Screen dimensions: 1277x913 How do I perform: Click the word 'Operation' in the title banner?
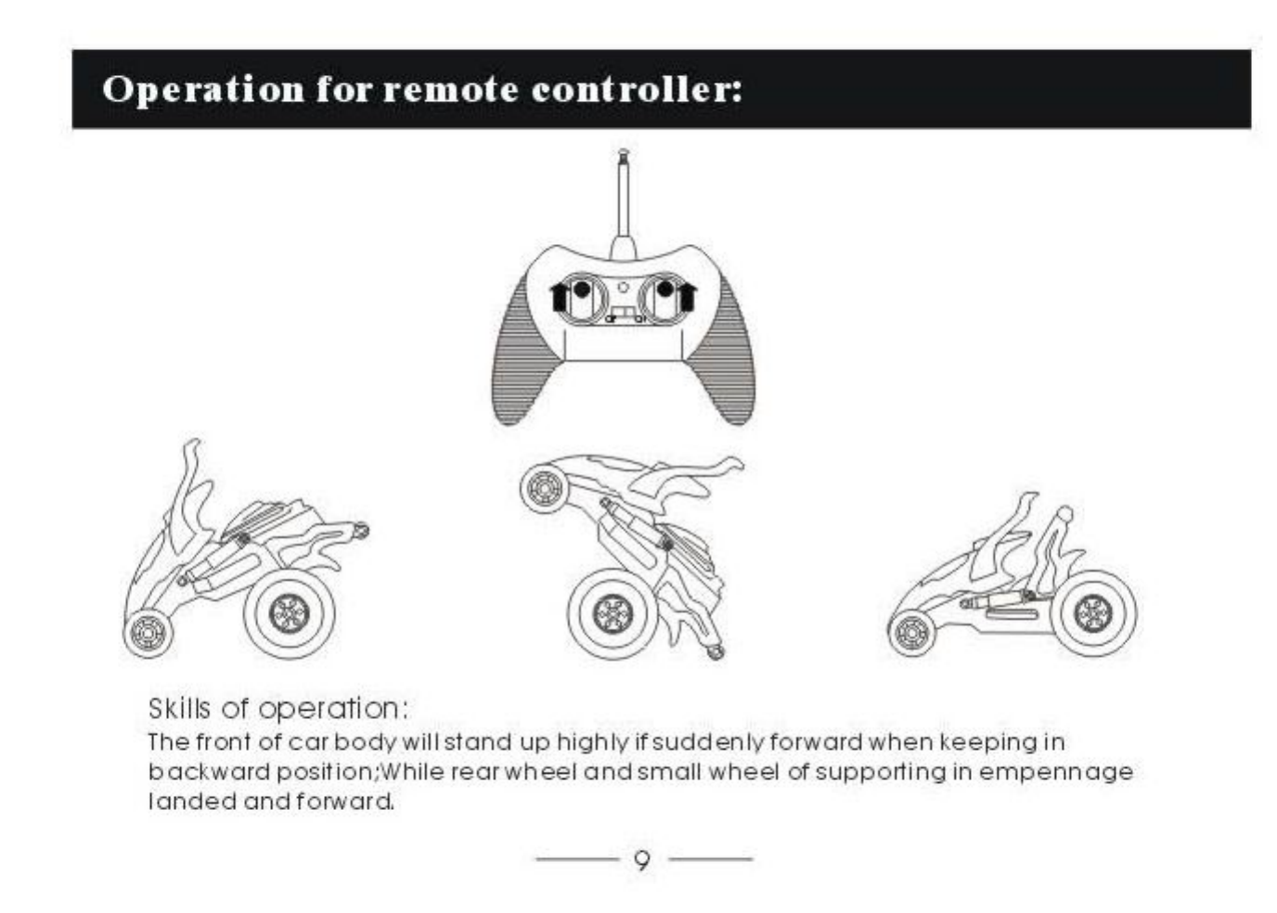(202, 89)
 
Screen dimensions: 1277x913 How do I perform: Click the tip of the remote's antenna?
(623, 153)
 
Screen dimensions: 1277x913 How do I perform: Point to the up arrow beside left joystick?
(559, 297)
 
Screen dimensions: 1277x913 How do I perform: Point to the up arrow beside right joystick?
(688, 297)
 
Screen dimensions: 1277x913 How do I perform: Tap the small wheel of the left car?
(147, 633)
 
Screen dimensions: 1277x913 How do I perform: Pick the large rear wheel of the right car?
(1092, 611)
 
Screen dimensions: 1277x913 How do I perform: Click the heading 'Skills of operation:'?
(277, 708)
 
